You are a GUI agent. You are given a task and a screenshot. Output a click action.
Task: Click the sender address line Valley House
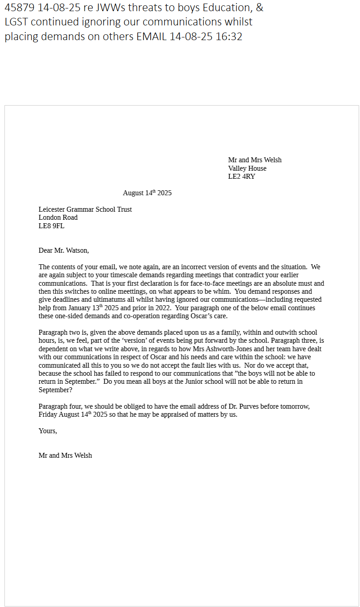click(x=247, y=168)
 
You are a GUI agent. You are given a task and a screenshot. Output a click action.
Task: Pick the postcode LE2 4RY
click(x=241, y=176)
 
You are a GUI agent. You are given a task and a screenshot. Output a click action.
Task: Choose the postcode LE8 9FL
click(x=51, y=226)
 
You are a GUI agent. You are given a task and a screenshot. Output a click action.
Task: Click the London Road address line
click(x=58, y=217)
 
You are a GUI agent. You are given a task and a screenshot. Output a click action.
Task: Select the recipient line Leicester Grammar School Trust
click(x=85, y=209)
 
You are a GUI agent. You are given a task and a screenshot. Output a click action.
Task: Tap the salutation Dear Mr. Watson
click(x=64, y=250)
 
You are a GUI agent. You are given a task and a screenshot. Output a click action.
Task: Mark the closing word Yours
click(x=48, y=431)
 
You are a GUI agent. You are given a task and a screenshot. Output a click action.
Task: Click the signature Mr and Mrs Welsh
click(x=65, y=455)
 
